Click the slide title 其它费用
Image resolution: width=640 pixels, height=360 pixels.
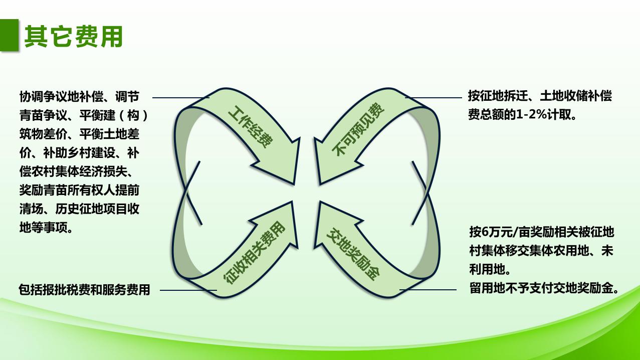[74, 37]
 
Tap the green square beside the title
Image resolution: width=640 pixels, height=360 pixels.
[10, 35]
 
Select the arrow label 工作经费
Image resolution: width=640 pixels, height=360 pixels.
[250, 126]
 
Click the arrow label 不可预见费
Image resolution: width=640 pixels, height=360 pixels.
[359, 129]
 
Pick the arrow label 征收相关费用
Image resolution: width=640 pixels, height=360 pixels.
[254, 253]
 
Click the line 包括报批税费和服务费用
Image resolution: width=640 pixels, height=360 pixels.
[84, 290]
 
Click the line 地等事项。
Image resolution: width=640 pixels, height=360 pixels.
[48, 228]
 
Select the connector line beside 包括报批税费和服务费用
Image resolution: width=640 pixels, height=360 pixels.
[187, 290]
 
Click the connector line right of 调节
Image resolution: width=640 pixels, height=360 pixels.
[180, 97]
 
